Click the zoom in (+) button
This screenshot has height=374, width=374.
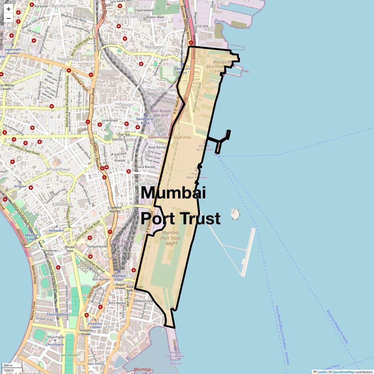(8, 9)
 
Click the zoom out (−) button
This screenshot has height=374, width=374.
(8, 18)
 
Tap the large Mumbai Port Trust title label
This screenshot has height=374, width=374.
(180, 206)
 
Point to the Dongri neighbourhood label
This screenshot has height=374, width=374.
(126, 105)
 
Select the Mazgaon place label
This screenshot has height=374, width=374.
(154, 47)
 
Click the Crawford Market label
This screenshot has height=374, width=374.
(114, 209)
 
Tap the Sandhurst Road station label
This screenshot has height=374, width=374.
(145, 121)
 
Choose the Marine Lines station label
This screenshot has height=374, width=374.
(31, 237)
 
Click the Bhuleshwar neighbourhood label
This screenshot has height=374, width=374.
(59, 170)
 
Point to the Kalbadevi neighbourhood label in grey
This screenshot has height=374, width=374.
(62, 204)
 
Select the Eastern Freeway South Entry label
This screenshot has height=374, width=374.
(170, 137)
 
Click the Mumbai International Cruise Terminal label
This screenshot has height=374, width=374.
(175, 358)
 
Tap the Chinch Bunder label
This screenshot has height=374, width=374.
(161, 90)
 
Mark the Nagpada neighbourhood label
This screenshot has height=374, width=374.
(67, 59)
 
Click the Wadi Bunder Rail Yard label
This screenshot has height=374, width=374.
(161, 113)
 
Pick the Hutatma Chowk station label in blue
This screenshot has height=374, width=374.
(95, 325)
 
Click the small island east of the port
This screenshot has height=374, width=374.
(235, 214)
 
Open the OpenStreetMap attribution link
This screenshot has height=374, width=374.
(343, 372)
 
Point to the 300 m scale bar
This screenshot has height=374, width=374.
(12, 366)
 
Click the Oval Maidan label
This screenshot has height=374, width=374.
(69, 355)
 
